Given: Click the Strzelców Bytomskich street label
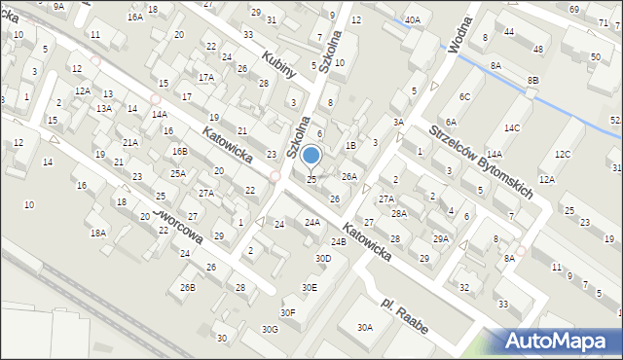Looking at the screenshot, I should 480,162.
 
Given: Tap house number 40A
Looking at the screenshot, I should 413,19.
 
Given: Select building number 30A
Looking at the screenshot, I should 365,328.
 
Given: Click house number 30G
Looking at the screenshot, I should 270,329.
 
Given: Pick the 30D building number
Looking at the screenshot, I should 322,258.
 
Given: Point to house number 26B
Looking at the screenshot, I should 188,287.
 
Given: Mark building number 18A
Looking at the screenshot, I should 98,233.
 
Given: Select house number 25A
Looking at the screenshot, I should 178,173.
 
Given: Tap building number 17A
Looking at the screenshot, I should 205,77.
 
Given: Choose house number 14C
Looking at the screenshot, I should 512,128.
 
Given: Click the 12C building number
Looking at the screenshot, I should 563,154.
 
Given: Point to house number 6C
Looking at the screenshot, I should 465,96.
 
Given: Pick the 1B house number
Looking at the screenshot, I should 350,146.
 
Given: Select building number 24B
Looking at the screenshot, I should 338,241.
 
